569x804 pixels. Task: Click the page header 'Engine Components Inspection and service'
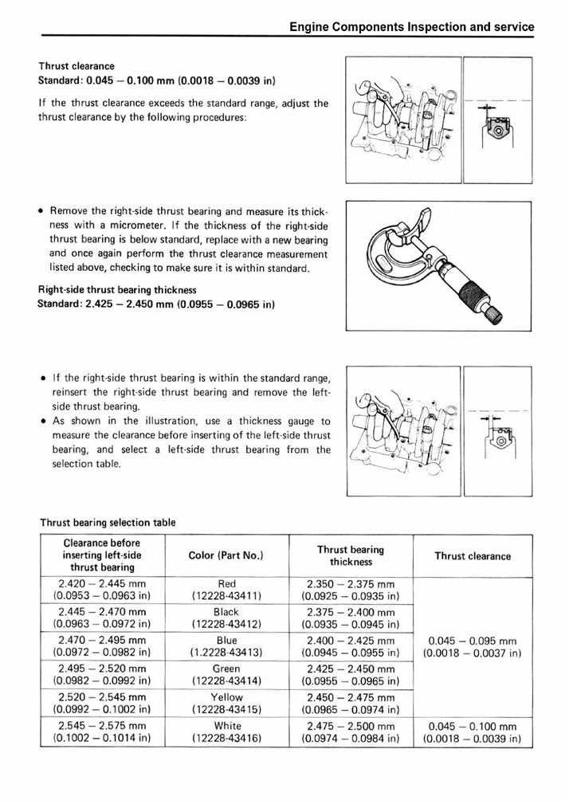[411, 26]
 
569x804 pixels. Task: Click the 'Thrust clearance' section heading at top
[77, 66]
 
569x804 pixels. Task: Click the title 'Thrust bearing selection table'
[108, 522]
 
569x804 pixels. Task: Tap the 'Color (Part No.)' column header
[226, 555]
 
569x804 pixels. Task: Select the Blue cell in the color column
[226, 646]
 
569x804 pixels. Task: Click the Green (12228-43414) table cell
[226, 675]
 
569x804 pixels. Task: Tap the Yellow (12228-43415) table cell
[226, 704]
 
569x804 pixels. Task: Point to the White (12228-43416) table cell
[226, 732]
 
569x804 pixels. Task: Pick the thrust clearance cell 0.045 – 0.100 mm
[473, 732]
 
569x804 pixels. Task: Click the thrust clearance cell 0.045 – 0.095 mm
[473, 646]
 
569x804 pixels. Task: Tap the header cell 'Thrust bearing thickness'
[351, 555]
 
